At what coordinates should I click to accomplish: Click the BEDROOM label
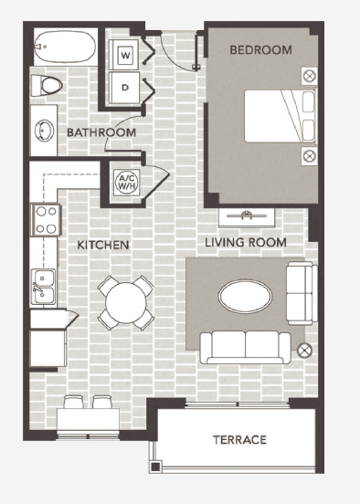tap(261, 50)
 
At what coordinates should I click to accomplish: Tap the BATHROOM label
tap(101, 133)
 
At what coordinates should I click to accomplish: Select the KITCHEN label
tap(102, 246)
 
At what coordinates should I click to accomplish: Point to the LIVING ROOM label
tap(246, 243)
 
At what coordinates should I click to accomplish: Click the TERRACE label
tap(239, 439)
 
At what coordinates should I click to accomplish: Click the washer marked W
tap(125, 56)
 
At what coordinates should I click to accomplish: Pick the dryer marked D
tap(125, 88)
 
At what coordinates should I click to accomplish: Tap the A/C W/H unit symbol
tap(124, 182)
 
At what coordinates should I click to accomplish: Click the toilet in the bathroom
tap(49, 86)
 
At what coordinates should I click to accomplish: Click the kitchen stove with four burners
tap(46, 220)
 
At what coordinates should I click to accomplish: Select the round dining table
tap(125, 302)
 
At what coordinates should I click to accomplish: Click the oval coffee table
tap(244, 295)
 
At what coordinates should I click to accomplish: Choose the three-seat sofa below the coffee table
tap(245, 346)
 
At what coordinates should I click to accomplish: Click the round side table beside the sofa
tap(304, 348)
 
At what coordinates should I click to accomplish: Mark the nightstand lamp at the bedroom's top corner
tap(310, 75)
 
